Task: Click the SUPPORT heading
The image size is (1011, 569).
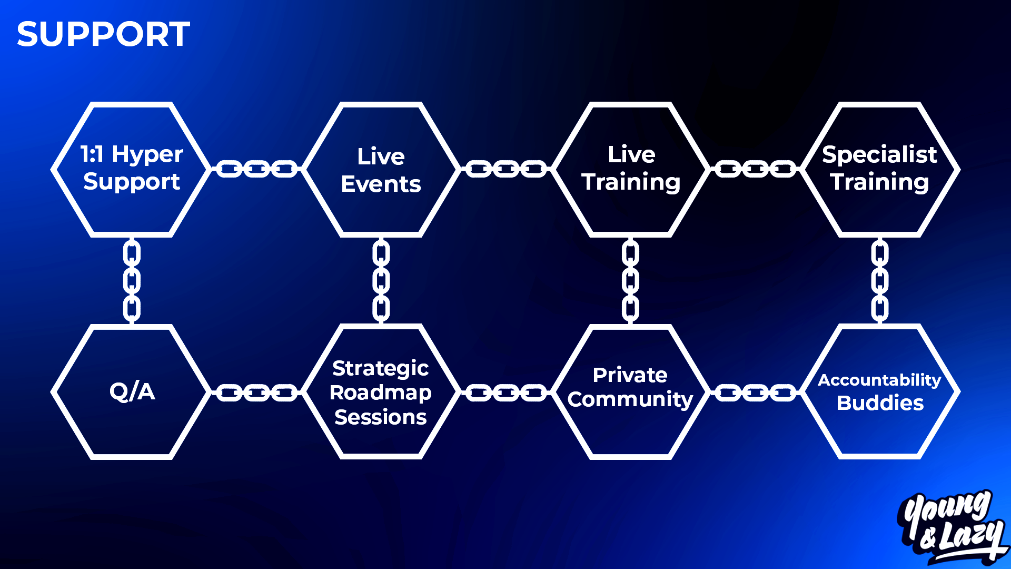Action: click(103, 34)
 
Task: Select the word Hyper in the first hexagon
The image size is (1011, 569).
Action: click(147, 155)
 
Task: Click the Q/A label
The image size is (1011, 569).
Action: click(132, 391)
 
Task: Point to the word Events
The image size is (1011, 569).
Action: click(381, 184)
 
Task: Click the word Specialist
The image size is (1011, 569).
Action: click(879, 155)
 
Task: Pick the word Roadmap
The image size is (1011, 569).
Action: click(380, 393)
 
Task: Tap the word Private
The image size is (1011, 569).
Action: click(630, 375)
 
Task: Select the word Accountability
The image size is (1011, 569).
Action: click(879, 380)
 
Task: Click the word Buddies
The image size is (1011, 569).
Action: click(880, 403)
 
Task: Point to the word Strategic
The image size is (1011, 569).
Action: click(380, 369)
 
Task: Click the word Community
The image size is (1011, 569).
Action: click(630, 399)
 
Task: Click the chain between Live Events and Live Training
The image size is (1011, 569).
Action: click(506, 169)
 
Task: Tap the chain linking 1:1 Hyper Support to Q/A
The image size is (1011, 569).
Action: click(132, 281)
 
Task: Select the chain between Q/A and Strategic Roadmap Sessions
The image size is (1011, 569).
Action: click(256, 393)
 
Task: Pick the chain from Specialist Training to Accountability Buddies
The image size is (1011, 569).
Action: click(879, 281)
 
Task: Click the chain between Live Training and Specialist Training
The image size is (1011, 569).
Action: click(755, 169)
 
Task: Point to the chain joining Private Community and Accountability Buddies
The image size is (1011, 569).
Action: click(755, 393)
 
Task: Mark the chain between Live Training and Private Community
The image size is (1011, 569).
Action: click(630, 281)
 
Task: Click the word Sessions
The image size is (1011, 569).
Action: click(380, 417)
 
